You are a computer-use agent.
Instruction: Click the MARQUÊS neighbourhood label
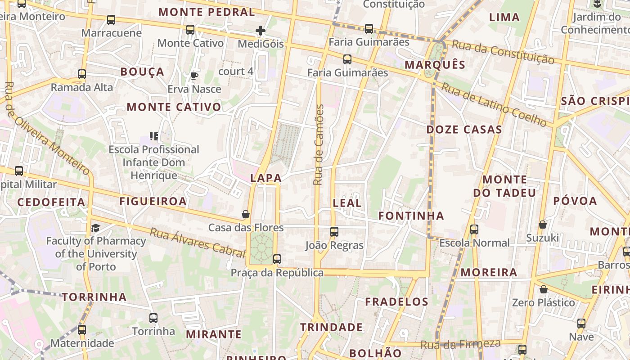(x=435, y=65)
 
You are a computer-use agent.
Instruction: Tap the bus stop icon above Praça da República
(x=277, y=259)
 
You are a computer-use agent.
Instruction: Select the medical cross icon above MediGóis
(x=261, y=31)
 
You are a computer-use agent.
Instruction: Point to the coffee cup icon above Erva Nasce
(x=194, y=76)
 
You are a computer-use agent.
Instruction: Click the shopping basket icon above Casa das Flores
(x=246, y=214)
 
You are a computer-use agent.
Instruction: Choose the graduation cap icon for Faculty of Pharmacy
(x=95, y=228)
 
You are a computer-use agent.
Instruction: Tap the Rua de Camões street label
(x=319, y=145)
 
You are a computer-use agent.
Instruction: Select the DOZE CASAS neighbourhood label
(x=464, y=130)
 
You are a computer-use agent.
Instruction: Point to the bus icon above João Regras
(x=334, y=232)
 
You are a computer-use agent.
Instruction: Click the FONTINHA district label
(x=411, y=216)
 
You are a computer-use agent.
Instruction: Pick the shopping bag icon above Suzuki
(x=543, y=225)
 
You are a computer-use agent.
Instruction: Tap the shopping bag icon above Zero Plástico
(x=544, y=289)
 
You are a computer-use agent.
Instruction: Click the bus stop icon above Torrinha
(x=153, y=318)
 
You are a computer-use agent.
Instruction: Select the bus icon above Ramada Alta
(x=82, y=74)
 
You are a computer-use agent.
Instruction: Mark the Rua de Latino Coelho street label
(x=494, y=104)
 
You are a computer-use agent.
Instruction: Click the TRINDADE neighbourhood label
(x=331, y=327)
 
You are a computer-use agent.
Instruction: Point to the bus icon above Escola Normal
(x=474, y=229)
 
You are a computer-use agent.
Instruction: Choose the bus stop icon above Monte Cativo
(x=190, y=30)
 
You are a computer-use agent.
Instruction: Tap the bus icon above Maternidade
(x=82, y=330)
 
